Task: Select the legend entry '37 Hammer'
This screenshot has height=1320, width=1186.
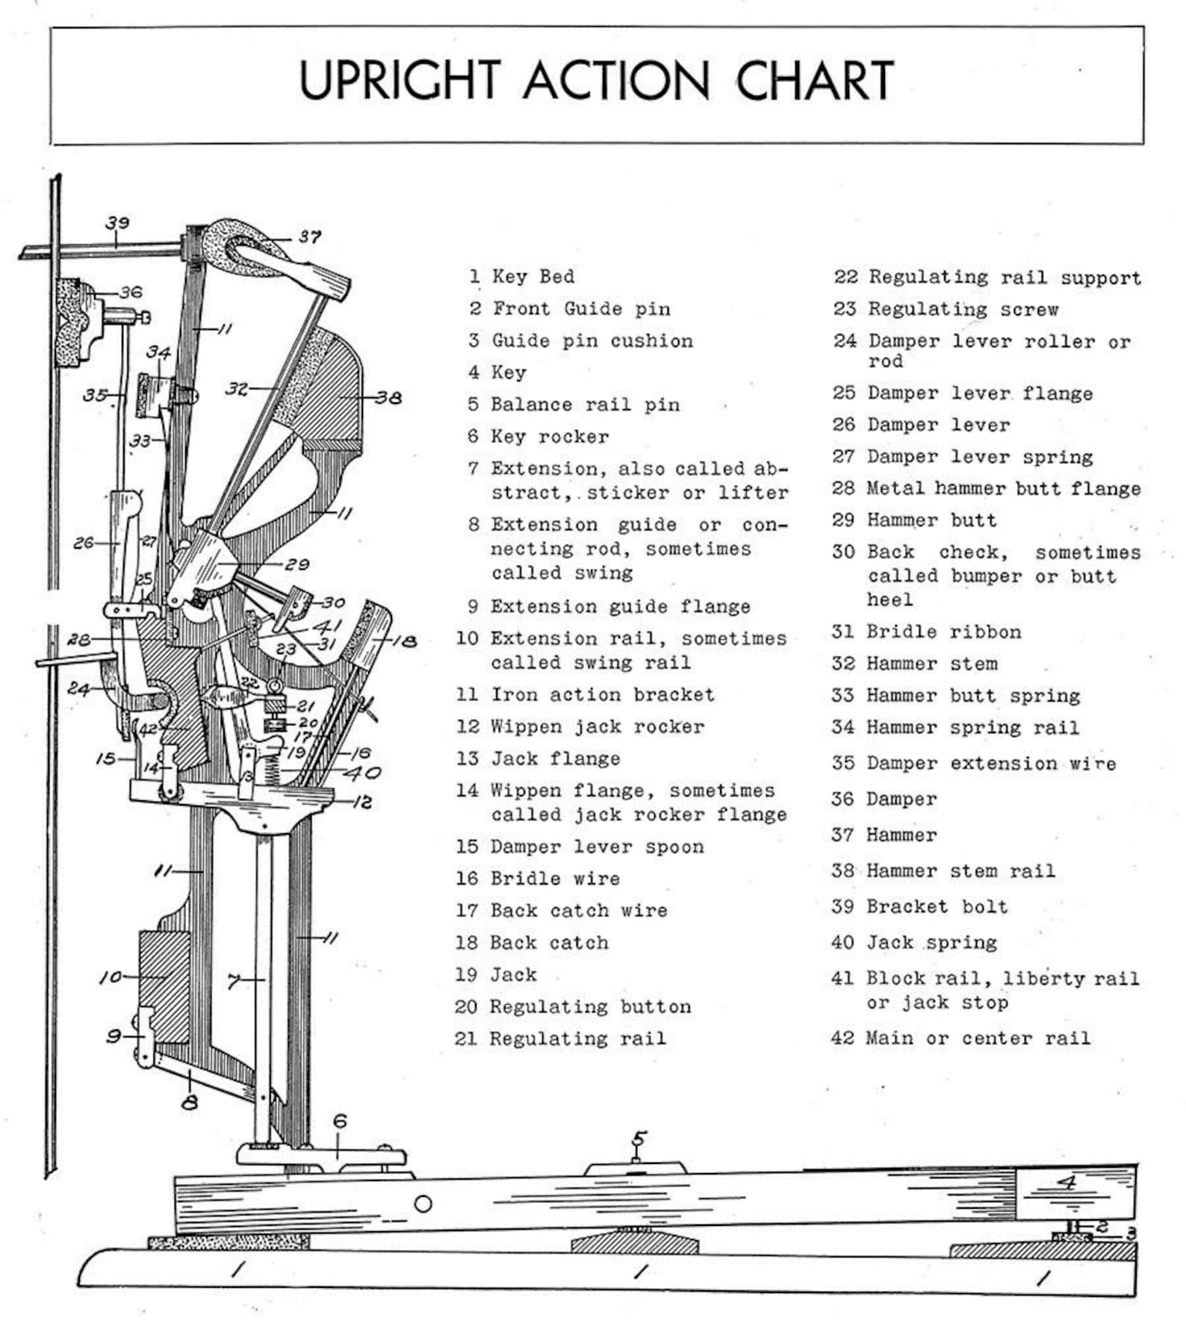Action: (x=884, y=835)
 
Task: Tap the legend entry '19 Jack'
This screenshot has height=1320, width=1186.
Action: (x=496, y=974)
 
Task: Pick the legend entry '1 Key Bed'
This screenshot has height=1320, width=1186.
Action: (x=522, y=276)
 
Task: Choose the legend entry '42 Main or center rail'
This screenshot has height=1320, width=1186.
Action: (x=960, y=1038)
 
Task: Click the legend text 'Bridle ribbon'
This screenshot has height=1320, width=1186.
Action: (x=943, y=632)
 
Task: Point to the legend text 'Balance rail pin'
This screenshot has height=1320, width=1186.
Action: (x=585, y=405)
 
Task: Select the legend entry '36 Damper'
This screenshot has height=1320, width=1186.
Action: (x=884, y=799)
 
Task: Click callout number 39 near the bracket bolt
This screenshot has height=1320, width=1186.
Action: (x=117, y=222)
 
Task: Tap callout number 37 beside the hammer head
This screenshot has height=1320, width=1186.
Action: (x=309, y=237)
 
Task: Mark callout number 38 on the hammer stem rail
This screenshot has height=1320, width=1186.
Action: (x=388, y=398)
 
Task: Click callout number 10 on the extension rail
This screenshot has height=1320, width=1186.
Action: (x=111, y=977)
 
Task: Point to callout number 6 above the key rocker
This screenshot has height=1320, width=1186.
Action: (x=340, y=1121)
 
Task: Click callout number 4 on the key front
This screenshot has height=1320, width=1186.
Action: (x=1068, y=1183)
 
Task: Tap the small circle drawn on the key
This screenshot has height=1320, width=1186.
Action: (x=423, y=1204)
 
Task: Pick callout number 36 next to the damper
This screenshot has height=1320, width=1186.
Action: (x=131, y=292)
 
